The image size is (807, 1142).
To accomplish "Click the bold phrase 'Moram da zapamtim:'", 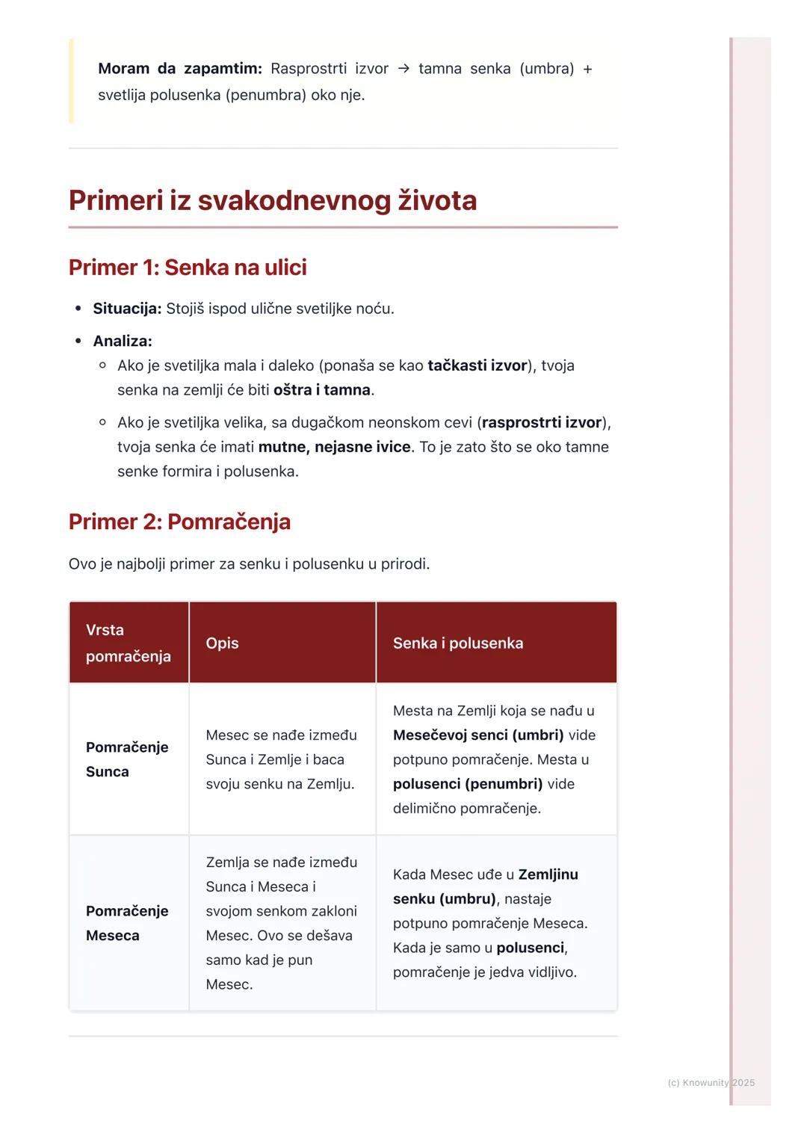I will (179, 69).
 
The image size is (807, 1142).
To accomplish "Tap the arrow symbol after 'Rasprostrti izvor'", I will (403, 69).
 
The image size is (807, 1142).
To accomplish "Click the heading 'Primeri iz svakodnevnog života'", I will (272, 200).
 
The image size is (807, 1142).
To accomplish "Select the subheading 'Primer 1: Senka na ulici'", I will (188, 268).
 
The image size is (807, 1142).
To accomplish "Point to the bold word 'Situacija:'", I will (127, 309).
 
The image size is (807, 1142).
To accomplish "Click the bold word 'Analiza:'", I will (123, 341).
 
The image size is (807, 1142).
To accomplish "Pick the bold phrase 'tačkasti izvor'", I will (477, 365).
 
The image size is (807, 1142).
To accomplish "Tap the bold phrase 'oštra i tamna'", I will (322, 390).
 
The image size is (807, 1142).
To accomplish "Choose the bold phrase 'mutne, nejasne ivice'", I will (334, 447).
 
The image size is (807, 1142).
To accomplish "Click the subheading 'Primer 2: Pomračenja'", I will (179, 522).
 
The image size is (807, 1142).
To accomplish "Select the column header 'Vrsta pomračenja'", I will (128, 643).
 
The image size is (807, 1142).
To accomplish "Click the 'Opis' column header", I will (222, 643).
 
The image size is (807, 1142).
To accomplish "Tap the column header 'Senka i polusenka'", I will (458, 643).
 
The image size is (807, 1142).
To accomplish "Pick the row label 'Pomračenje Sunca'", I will (127, 759).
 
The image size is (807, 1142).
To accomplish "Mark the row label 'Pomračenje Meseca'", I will (127, 923).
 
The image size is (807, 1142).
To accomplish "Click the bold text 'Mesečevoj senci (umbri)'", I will (478, 735).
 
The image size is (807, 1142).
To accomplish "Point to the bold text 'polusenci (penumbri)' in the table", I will (468, 784).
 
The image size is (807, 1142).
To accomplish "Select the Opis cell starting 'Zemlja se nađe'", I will (281, 923).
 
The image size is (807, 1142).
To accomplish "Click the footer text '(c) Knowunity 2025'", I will (711, 1083).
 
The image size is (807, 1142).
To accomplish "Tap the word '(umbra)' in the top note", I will (546, 69).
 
